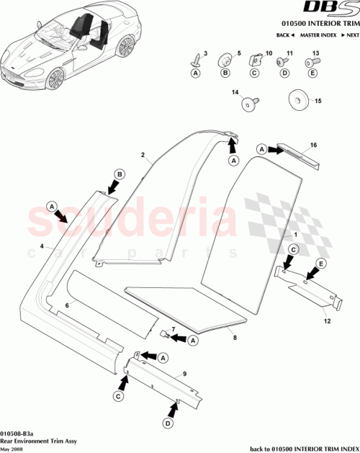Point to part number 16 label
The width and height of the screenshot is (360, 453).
coord(313,145)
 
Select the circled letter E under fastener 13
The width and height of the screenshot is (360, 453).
coord(312,73)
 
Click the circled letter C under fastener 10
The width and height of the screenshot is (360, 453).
coord(253,73)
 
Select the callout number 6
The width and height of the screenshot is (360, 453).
coord(68,305)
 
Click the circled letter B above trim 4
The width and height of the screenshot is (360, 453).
coord(120,174)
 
